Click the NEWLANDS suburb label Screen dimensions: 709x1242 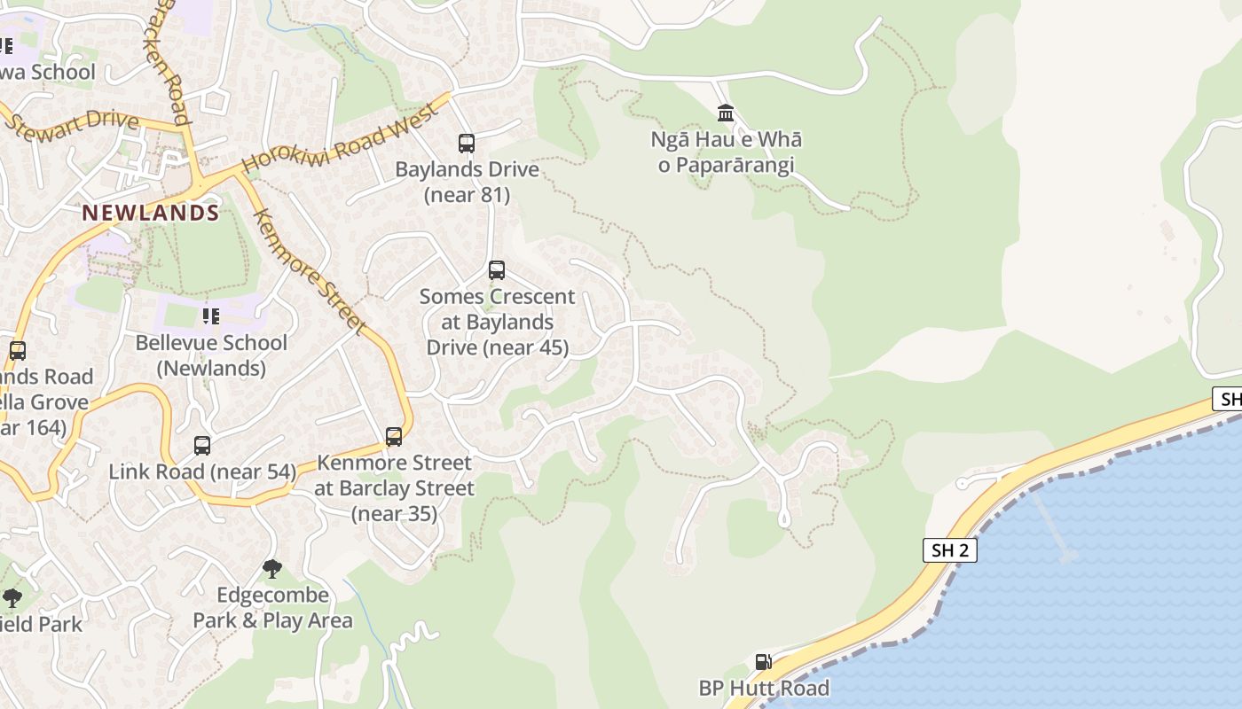click(x=150, y=213)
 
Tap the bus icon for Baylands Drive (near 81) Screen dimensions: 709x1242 click(x=466, y=143)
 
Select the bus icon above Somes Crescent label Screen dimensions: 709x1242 click(x=497, y=269)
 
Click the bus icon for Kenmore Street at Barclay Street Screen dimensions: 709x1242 click(x=394, y=436)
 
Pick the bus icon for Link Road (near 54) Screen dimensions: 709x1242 click(x=202, y=445)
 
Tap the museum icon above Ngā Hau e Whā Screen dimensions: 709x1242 click(x=726, y=113)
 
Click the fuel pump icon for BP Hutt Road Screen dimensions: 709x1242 click(x=762, y=661)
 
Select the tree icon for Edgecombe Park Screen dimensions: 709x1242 click(x=272, y=568)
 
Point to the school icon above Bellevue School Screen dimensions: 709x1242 click(x=211, y=316)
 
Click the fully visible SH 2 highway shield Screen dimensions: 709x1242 click(x=949, y=550)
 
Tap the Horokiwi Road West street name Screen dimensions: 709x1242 click(x=341, y=138)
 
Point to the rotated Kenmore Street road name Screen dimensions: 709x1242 click(x=310, y=272)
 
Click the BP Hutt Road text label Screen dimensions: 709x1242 click(x=764, y=688)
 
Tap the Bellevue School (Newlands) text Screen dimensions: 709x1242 click(x=211, y=355)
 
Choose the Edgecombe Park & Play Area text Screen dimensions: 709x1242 click(x=272, y=608)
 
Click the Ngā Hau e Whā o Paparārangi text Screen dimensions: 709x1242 click(x=726, y=152)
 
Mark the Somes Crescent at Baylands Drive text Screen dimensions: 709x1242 click(x=497, y=322)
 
